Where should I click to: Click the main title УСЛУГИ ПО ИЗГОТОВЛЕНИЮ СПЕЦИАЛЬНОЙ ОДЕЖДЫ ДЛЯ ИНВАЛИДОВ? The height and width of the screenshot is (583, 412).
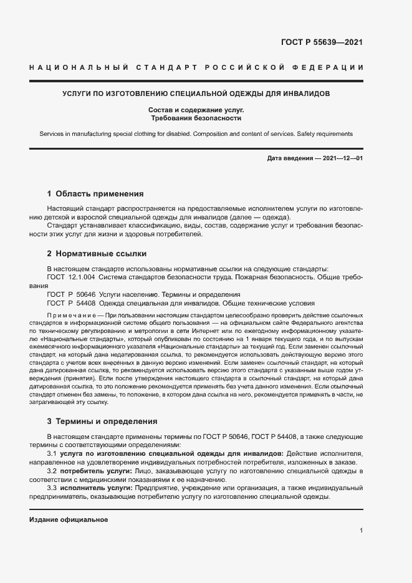(196, 94)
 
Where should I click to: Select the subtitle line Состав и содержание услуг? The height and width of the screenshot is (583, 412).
(196, 110)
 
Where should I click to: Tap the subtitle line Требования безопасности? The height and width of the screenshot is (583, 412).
(196, 118)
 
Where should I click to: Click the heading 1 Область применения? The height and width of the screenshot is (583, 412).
(95, 194)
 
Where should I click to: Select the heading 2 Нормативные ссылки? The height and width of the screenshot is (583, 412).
(97, 254)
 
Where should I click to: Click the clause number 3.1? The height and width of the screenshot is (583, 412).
(52, 454)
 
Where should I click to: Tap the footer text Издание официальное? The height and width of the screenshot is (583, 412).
(69, 520)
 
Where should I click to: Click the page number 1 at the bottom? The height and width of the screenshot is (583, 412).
(361, 531)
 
